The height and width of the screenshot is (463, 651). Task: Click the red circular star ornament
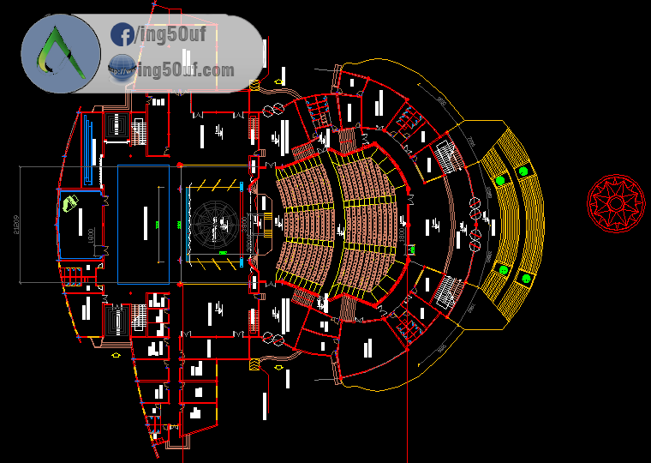pyautogui.click(x=616, y=202)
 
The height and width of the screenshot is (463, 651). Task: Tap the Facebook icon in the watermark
pyautogui.click(x=122, y=35)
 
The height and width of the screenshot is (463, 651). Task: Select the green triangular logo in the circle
pyautogui.click(x=61, y=54)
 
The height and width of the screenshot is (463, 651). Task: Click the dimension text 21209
pyautogui.click(x=15, y=224)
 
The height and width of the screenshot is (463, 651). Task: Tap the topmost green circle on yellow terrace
pyautogui.click(x=523, y=171)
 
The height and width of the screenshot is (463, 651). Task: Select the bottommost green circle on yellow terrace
pyautogui.click(x=525, y=278)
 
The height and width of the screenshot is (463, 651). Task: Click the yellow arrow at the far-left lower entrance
pyautogui.click(x=116, y=354)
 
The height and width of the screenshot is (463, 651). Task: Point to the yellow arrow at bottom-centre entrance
pyautogui.click(x=278, y=368)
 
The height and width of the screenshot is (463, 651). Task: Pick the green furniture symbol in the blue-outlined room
pyautogui.click(x=69, y=203)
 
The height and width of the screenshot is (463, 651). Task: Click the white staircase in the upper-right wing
pyautogui.click(x=446, y=157)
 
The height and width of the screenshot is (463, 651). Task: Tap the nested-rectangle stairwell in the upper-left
pyautogui.click(x=117, y=129)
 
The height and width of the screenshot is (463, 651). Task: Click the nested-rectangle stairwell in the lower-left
pyautogui.click(x=115, y=320)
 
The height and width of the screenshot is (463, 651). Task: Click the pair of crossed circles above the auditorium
pyautogui.click(x=273, y=111)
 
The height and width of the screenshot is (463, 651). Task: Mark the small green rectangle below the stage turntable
pyautogui.click(x=223, y=254)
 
